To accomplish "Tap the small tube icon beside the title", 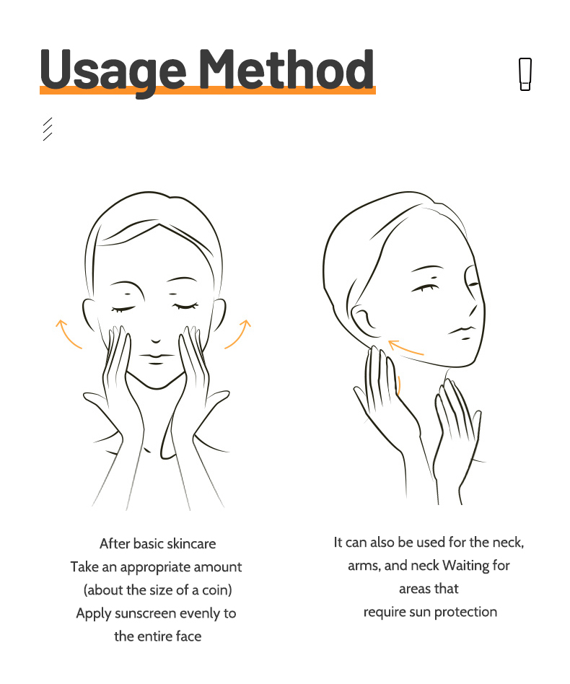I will pos(525,74).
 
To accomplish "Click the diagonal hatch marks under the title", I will pos(48,128).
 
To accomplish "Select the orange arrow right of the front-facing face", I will pos(239,333).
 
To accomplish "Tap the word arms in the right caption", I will pos(363,565).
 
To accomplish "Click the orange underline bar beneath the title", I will pos(207,91).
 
